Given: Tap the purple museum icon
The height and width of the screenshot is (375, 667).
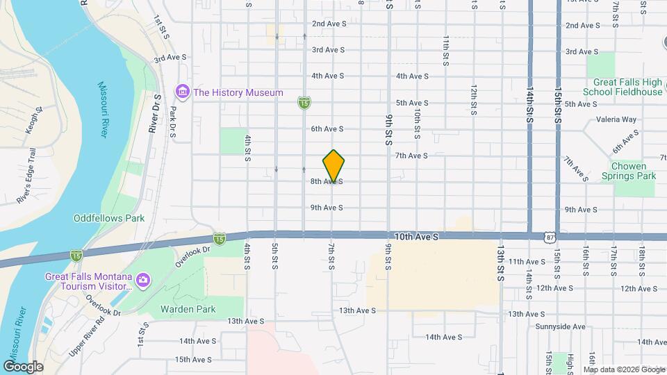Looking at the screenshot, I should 183,92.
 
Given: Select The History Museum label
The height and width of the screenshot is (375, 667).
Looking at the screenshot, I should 238,92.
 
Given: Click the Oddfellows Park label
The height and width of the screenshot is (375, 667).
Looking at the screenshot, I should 109,218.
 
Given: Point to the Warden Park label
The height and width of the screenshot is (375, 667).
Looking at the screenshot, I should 188,309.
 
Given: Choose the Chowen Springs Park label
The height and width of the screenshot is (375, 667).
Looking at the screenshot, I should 633,171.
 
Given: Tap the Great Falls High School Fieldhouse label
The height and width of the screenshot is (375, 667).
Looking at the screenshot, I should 623,87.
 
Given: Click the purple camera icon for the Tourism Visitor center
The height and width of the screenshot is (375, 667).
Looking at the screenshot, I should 143,280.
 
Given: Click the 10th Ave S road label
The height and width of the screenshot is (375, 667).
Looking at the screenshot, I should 416,237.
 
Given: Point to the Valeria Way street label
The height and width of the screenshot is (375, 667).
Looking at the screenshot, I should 618,119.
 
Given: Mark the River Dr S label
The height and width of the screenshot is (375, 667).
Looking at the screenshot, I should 154,114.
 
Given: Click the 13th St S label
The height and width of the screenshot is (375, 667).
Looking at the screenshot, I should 500,256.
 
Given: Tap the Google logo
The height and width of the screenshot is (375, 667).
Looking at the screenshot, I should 23,367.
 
